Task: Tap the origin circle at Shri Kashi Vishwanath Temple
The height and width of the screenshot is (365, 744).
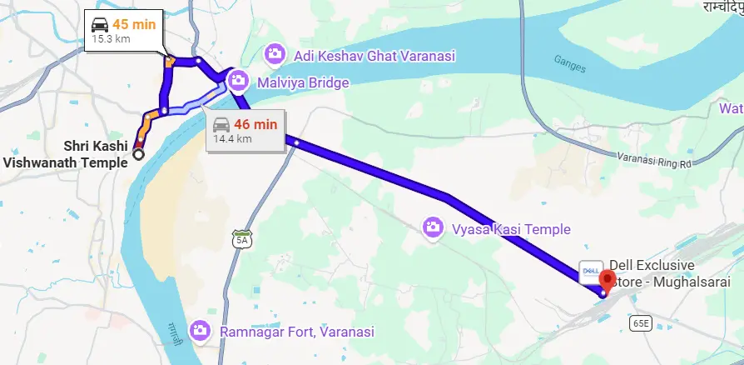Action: point(138,154)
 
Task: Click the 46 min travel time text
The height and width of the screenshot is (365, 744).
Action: point(255,124)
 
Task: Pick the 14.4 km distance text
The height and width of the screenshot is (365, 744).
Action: point(232,139)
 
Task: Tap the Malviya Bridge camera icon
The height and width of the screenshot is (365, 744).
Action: point(238,81)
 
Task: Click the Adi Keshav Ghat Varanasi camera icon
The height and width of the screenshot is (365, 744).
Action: point(274,55)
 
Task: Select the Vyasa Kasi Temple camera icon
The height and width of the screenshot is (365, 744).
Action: point(432,227)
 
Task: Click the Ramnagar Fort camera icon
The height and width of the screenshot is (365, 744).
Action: point(200,330)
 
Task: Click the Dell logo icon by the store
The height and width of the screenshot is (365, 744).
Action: point(587,272)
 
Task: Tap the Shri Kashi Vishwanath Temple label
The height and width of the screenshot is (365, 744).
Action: point(66,154)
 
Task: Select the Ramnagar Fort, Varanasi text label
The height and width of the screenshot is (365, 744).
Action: point(297,331)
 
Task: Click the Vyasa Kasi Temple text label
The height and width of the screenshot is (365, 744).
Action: point(511,229)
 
